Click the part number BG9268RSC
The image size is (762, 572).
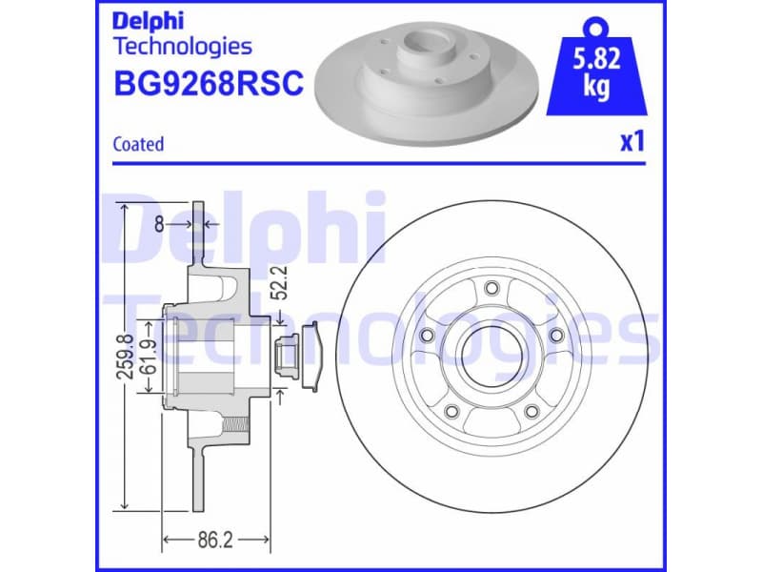(x=208, y=85)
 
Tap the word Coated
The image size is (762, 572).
(x=138, y=145)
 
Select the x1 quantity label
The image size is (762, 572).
(x=632, y=143)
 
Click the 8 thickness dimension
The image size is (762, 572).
(x=159, y=225)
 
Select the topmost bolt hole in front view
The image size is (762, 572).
(x=491, y=290)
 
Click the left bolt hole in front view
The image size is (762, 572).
(x=428, y=336)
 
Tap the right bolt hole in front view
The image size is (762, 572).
(x=554, y=336)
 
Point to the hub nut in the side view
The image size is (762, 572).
(x=283, y=357)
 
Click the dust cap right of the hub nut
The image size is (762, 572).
(x=313, y=357)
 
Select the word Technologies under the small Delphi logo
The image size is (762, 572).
(x=182, y=46)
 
